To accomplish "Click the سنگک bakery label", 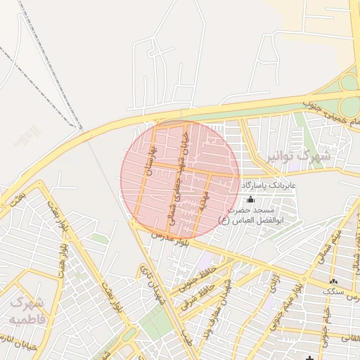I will coord(334,290).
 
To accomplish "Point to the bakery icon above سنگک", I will coord(333,281).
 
